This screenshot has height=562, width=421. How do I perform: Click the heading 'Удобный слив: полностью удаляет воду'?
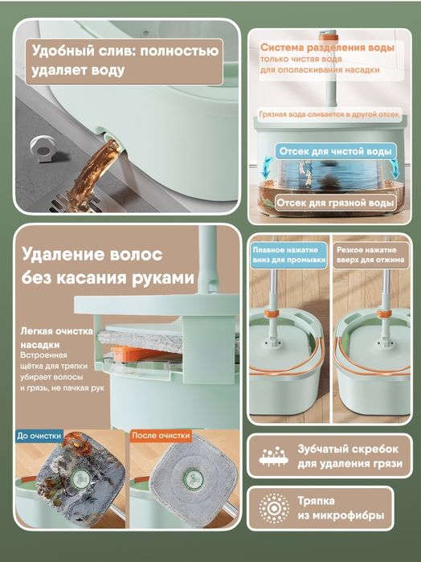point(125,60)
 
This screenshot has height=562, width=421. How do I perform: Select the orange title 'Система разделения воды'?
point(327,47)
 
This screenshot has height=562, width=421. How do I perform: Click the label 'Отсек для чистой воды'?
point(335,151)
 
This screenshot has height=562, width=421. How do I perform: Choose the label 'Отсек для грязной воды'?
point(335,203)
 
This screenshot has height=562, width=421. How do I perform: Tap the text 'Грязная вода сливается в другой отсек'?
point(329,114)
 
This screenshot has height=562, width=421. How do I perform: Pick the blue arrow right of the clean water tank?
point(394,168)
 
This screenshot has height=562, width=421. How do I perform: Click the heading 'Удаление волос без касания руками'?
point(108,266)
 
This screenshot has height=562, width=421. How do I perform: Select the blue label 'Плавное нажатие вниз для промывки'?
point(288,255)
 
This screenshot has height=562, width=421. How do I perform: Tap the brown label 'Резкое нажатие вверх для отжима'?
point(370,255)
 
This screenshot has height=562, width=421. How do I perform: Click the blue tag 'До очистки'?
point(39,436)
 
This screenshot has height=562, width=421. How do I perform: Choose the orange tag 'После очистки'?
point(161,436)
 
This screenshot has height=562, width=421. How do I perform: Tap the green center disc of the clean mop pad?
point(194,478)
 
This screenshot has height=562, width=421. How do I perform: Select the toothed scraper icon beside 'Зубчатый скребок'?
point(274,456)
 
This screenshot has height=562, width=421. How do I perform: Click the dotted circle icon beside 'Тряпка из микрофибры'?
point(274,508)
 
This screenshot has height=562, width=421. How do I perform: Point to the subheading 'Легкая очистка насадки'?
point(56,338)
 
